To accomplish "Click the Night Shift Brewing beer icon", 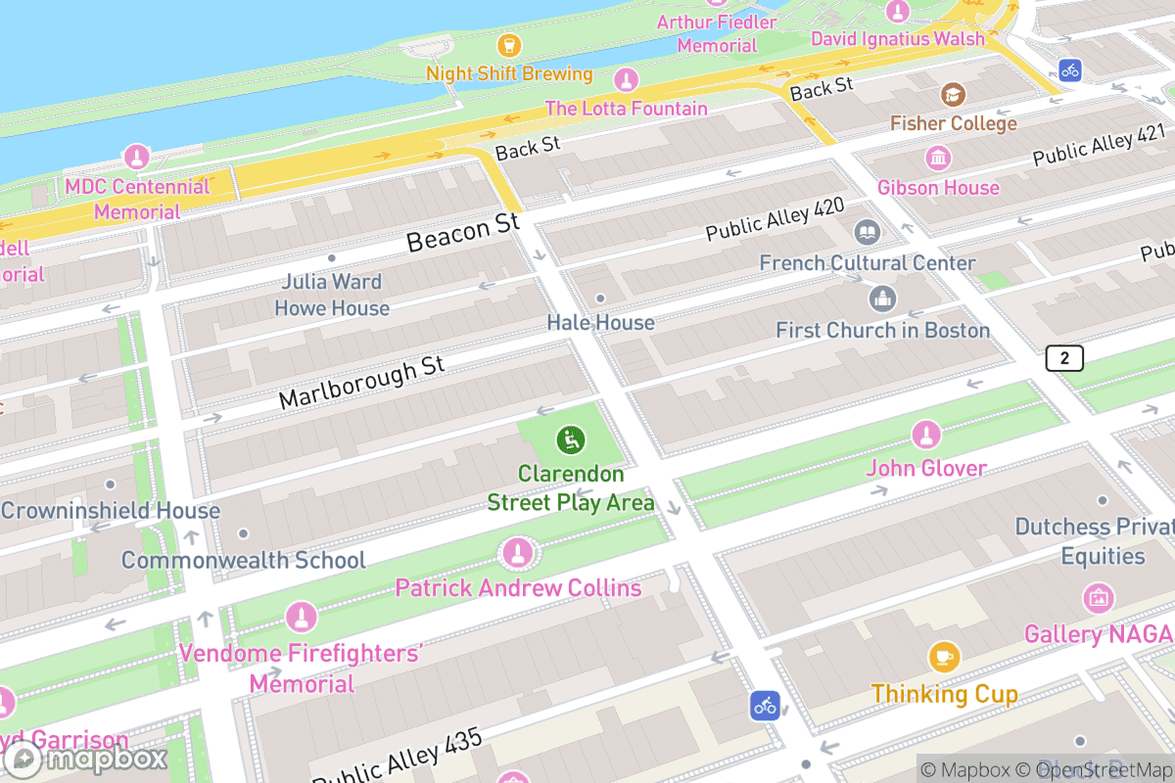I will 508,44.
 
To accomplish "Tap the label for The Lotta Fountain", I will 626,108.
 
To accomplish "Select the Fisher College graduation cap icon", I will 953,94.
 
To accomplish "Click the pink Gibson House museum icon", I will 938,158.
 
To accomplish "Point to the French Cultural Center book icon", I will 867,233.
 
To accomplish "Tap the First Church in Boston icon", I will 882,299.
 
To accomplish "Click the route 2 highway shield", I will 1064,358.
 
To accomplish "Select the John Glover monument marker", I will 925,435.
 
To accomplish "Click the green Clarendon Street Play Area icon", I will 570,440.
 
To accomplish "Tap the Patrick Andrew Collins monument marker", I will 517,554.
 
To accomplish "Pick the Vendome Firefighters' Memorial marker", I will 301,618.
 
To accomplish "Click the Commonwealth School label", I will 243,560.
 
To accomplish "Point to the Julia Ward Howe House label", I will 332,295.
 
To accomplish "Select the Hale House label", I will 600,322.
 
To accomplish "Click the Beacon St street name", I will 462,233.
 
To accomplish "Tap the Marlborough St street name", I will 361,383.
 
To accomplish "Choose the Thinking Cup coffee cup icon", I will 943,657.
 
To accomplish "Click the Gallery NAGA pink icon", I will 1098,597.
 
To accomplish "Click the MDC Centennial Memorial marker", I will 136,157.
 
